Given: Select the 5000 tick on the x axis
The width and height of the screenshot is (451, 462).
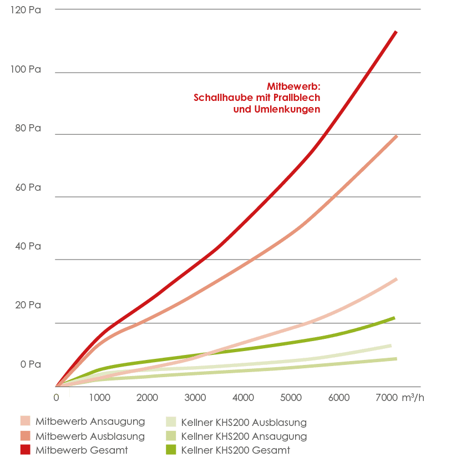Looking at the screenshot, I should tap(291, 398).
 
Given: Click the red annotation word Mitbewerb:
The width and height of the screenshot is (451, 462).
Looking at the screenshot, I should tap(293, 87).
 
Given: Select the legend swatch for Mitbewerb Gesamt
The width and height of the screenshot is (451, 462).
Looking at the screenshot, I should tap(25, 450).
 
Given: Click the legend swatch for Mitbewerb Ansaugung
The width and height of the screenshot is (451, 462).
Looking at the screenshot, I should tap(25, 422).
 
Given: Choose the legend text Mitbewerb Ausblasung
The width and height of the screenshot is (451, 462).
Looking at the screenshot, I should tap(90, 436).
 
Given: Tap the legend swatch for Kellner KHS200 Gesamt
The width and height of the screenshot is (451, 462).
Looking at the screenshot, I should tap(171, 450).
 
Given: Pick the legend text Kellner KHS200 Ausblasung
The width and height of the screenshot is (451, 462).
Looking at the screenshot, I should tap(244, 423).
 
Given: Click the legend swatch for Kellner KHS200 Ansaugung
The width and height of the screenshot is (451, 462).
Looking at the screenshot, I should tap(171, 436).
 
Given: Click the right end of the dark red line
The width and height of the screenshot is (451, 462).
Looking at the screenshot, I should tap(396, 32).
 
